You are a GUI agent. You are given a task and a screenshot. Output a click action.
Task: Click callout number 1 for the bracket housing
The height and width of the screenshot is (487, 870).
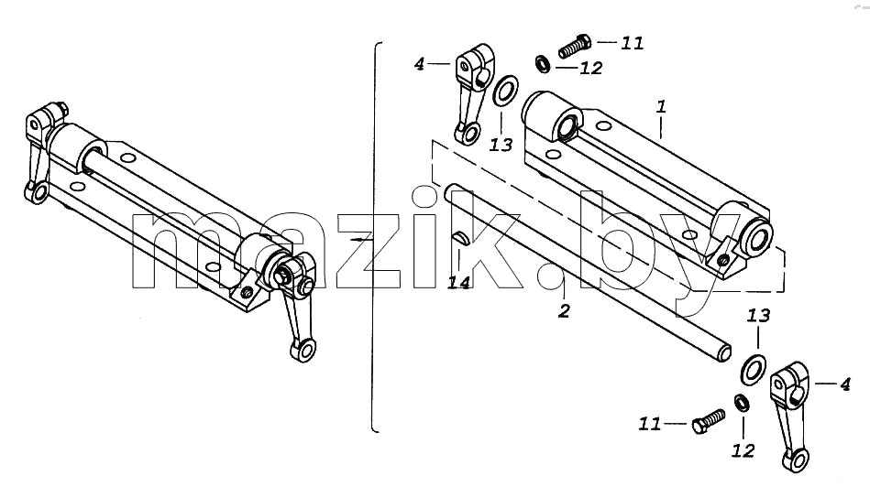(661, 106)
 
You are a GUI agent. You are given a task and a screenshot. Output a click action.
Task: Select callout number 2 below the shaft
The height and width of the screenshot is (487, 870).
(564, 311)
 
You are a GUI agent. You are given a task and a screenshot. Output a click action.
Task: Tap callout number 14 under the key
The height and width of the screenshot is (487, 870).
(459, 283)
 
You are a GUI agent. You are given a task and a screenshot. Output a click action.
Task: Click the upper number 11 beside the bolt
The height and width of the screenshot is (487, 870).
(632, 43)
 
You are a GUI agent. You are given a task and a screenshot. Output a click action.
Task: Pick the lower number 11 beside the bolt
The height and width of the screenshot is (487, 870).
(650, 425)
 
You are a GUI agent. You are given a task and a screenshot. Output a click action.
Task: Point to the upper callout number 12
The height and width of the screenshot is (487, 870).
(591, 68)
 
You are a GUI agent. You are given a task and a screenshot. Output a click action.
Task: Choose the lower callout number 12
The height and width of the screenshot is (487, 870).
(743, 451)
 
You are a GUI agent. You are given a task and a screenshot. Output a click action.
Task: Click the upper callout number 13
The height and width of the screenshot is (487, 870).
(501, 146)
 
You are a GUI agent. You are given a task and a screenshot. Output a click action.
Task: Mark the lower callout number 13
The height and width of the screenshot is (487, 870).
(758, 315)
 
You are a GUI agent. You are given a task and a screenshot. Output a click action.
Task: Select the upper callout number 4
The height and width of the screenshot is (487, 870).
(420, 64)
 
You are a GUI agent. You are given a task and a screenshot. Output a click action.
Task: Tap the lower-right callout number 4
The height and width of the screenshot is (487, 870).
(845, 384)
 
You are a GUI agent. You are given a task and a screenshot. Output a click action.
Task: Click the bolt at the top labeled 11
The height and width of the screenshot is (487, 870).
(575, 46)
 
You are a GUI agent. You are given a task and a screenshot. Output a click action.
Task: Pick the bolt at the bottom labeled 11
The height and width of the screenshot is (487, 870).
(709, 421)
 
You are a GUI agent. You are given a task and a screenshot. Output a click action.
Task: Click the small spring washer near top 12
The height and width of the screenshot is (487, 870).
(543, 64)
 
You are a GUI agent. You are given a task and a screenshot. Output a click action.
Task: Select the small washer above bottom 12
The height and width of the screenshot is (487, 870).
(742, 403)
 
